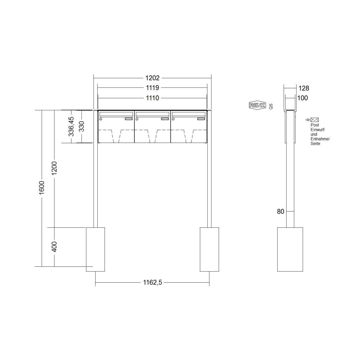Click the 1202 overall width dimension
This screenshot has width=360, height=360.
pyautogui.click(x=152, y=78)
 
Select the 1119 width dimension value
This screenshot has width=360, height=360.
pyautogui.click(x=152, y=88)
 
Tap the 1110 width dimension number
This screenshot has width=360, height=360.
pyautogui.click(x=152, y=98)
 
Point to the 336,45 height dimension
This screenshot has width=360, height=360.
pyautogui.click(x=71, y=127)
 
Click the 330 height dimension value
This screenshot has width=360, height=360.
pyautogui.click(x=82, y=126)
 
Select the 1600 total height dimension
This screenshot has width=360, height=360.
pyautogui.click(x=42, y=188)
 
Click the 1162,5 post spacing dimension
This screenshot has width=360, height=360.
pyautogui.click(x=152, y=283)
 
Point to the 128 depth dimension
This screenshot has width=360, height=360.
pyautogui.click(x=304, y=88)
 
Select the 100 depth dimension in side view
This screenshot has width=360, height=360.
pyautogui.click(x=302, y=98)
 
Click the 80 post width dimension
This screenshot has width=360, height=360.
pyautogui.click(x=281, y=211)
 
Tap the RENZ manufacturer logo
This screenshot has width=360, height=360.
pyautogui.click(x=257, y=105)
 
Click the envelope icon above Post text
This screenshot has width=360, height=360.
pyautogui.click(x=315, y=120)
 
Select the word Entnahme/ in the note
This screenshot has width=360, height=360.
pyautogui.click(x=320, y=139)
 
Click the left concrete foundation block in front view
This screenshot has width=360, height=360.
pyautogui.click(x=95, y=249)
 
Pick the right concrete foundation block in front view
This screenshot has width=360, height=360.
pyautogui.click(x=209, y=249)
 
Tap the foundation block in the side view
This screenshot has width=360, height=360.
pyautogui.click(x=290, y=249)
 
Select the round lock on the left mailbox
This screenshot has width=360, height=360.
pyautogui.click(x=101, y=119)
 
